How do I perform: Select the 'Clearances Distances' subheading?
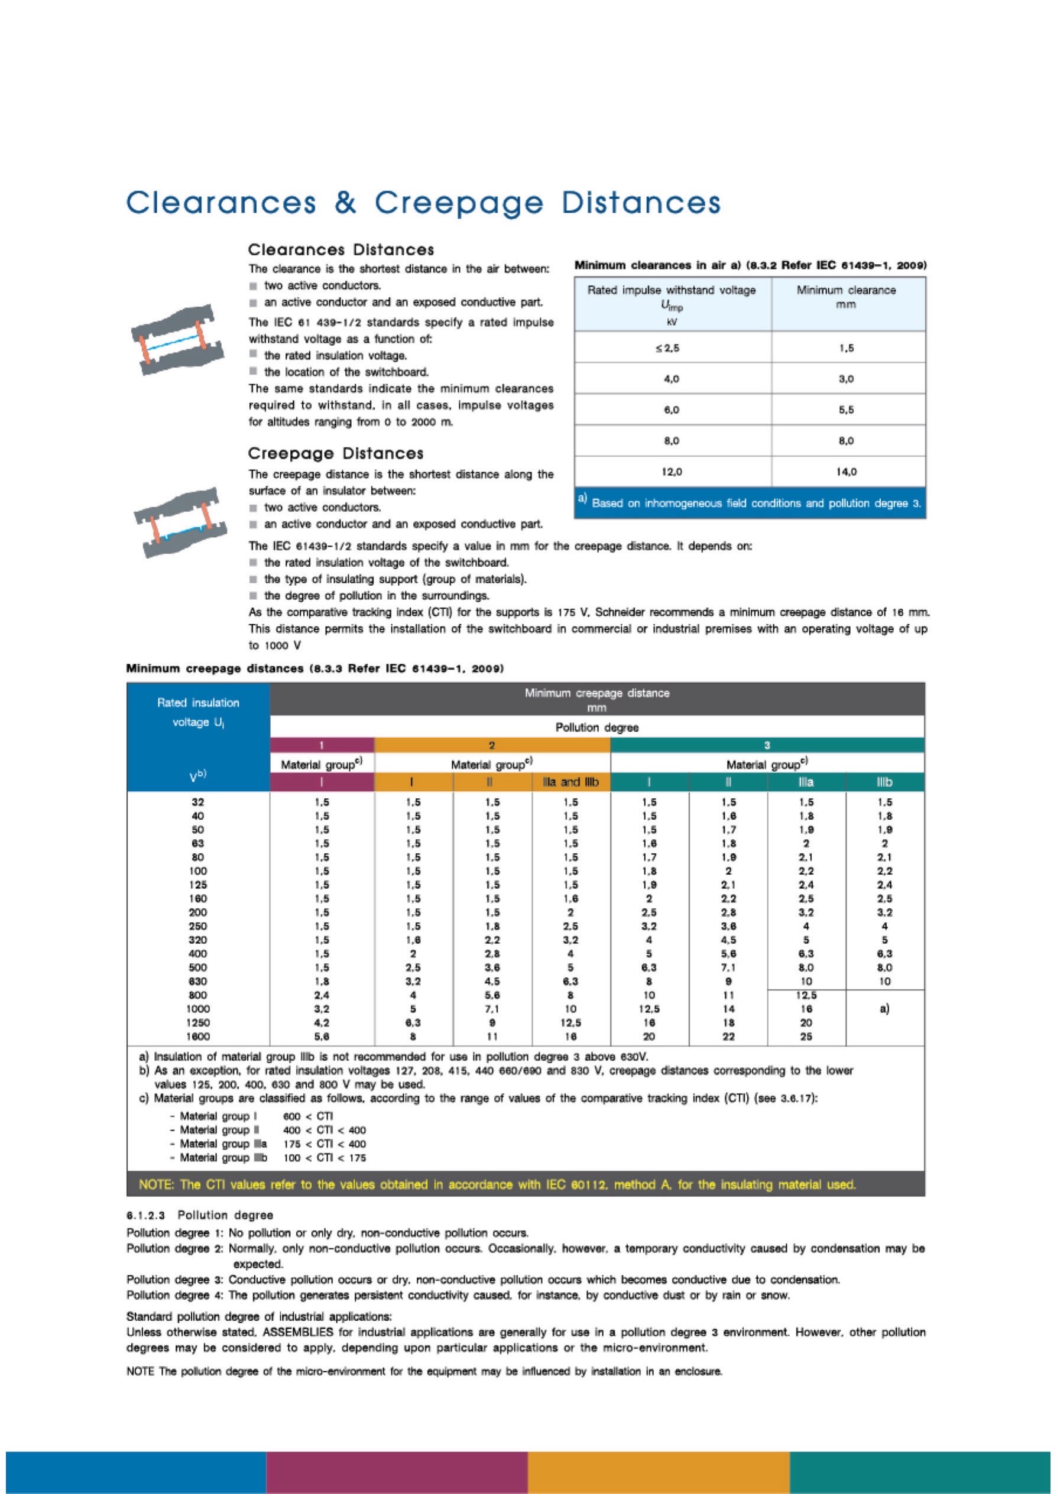(x=341, y=250)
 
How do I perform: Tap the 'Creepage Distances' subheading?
(x=335, y=453)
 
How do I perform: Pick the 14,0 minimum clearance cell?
(x=845, y=472)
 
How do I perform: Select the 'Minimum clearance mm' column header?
(x=845, y=297)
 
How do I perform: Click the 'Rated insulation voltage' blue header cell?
(x=198, y=713)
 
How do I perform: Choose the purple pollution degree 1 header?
(x=322, y=746)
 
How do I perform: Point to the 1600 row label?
(x=198, y=1037)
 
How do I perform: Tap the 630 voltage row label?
(x=198, y=981)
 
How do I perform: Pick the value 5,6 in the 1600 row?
(x=322, y=1037)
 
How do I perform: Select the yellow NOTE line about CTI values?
(x=497, y=1185)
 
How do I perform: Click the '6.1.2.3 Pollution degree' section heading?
(x=200, y=1215)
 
